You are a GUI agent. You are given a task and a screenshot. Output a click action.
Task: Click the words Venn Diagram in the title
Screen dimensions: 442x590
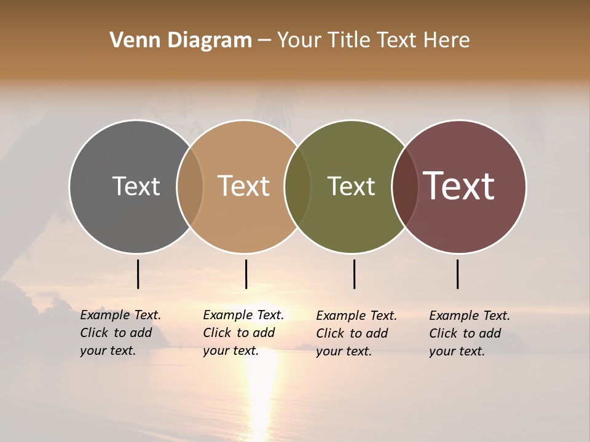[x=181, y=41]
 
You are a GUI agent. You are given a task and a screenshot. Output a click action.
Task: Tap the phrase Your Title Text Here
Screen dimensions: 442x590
[x=373, y=41]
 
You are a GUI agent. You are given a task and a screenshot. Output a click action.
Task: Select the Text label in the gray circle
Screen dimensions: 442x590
[x=136, y=186]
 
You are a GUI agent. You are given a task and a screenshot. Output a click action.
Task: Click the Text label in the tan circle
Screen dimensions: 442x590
[x=244, y=186]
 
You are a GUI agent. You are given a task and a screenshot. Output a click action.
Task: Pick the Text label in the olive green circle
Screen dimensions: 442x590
[x=351, y=186]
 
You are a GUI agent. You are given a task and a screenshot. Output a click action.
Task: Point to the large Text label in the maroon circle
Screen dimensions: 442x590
[x=459, y=186]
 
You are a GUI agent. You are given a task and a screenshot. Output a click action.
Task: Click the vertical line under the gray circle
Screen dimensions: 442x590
[x=138, y=274]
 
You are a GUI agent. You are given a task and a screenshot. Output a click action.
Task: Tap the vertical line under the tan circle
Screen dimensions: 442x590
[x=246, y=274]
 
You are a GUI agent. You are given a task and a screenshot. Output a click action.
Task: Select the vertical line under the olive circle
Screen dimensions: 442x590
[x=355, y=274]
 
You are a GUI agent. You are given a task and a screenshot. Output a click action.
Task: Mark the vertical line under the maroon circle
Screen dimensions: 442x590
[x=458, y=274]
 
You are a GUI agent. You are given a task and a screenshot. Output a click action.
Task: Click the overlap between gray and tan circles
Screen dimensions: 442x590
[x=190, y=186]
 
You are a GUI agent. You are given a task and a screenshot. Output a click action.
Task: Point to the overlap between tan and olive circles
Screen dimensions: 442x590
[x=297, y=186]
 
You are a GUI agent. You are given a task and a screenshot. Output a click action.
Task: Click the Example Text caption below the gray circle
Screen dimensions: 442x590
[x=120, y=333]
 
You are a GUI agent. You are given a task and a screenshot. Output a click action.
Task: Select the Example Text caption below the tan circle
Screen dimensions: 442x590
[x=243, y=333]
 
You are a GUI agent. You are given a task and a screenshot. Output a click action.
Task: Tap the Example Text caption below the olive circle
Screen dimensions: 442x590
[x=356, y=333]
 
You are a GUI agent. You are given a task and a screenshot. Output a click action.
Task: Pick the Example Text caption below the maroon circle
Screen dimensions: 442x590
[x=469, y=333]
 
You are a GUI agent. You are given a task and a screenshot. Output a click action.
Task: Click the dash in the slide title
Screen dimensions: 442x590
[x=264, y=41]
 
